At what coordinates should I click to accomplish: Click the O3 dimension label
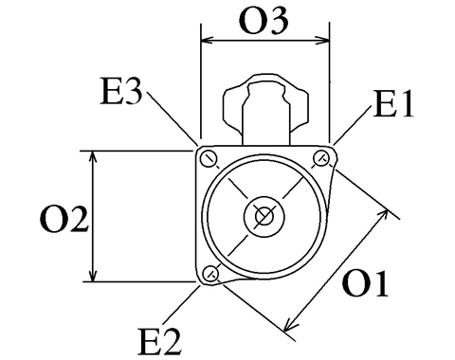click(264, 21)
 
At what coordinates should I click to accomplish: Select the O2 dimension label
click(64, 220)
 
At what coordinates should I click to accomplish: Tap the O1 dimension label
click(365, 283)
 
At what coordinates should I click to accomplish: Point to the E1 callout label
click(393, 104)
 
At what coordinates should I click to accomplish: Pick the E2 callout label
click(160, 342)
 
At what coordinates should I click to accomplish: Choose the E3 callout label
click(121, 92)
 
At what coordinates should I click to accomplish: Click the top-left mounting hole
click(209, 159)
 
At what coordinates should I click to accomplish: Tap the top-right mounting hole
click(321, 157)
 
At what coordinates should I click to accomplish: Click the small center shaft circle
click(264, 216)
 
